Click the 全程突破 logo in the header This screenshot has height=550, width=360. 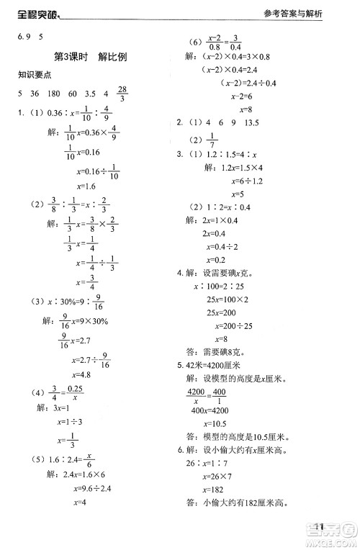[32, 10]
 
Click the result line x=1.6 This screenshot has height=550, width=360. [85, 186]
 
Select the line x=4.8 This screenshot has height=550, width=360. [84, 374]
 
